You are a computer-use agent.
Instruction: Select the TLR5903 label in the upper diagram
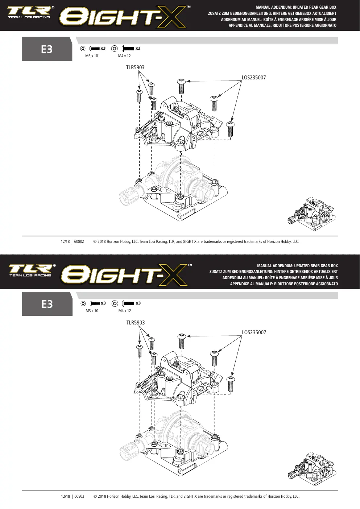pyautogui.click(x=135, y=67)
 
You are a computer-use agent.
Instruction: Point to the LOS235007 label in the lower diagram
pyautogui.click(x=254, y=332)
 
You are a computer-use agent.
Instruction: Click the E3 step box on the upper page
pyautogui.click(x=47, y=49)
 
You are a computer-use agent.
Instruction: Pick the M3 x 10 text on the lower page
pyautogui.click(x=92, y=311)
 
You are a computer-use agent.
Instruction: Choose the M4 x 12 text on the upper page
pyautogui.click(x=124, y=56)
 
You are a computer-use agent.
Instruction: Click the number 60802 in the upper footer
pyautogui.click(x=79, y=241)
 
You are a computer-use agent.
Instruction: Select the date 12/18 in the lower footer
pyautogui.click(x=66, y=497)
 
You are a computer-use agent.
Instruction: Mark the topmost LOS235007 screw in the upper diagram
pyautogui.click(x=181, y=86)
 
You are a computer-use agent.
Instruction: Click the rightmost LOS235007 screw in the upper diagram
pyautogui.click(x=231, y=129)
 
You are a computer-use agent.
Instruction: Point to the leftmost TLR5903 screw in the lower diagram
pyautogui.click(x=139, y=351)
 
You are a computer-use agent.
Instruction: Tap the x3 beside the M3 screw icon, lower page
pyautogui.click(x=103, y=303)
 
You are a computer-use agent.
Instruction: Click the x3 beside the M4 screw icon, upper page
pyautogui.click(x=138, y=49)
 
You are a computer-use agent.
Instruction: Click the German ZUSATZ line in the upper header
pyautogui.click(x=272, y=13)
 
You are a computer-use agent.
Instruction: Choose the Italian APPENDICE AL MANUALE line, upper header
pyautogui.click(x=282, y=25)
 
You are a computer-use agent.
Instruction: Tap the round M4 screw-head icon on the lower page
pyautogui.click(x=115, y=303)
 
